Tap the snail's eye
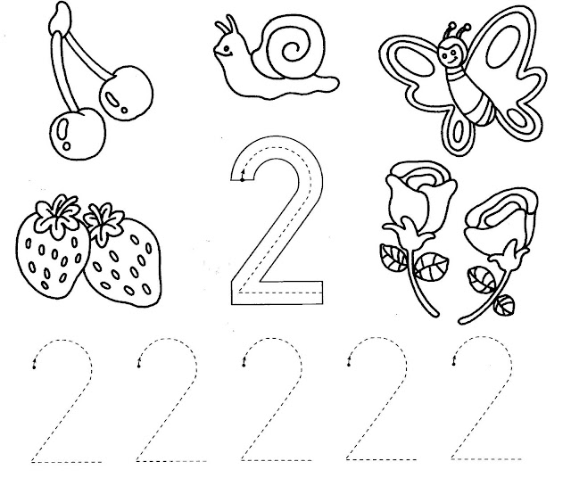point(227,48)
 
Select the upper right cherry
point(126,93)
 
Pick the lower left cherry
point(78,133)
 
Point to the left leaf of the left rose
point(393,258)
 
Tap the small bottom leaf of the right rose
point(504,304)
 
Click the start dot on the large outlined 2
point(243,179)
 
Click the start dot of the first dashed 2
point(34,367)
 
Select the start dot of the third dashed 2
point(244,365)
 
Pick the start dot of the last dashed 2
point(454,364)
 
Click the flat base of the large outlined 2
point(277,293)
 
